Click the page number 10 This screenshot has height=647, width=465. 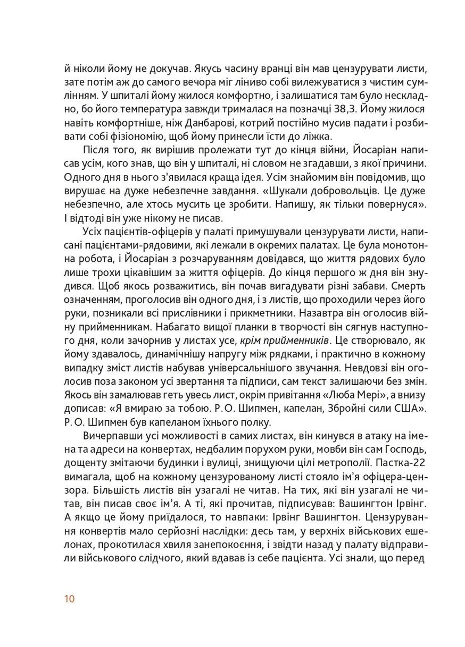pyautogui.click(x=70, y=599)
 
